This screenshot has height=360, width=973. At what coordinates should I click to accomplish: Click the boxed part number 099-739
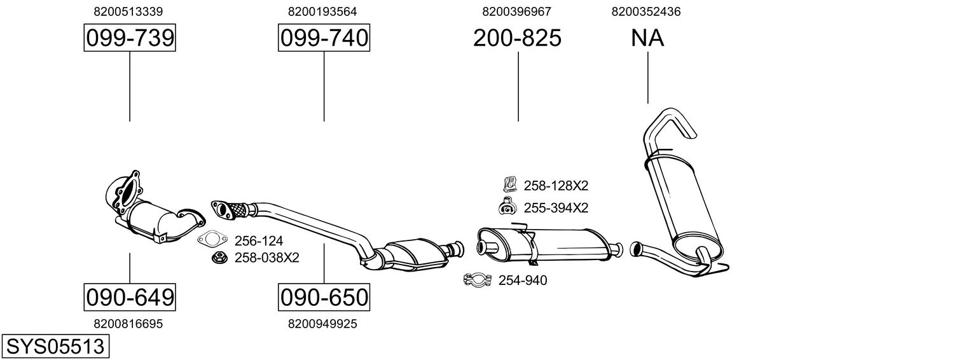(x=130, y=38)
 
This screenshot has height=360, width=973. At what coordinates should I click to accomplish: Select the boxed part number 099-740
(x=324, y=38)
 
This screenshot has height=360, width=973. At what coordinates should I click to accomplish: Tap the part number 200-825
(x=517, y=38)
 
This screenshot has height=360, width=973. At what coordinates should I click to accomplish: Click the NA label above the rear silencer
(x=647, y=38)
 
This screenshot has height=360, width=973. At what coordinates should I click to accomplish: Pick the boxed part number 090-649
(x=130, y=296)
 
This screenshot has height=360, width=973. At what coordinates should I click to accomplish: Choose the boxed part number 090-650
(x=324, y=296)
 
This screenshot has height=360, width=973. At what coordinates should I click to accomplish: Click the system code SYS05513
(x=55, y=346)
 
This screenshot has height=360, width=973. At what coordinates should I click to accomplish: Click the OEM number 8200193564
(x=322, y=11)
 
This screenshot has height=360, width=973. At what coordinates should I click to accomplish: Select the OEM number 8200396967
(x=517, y=11)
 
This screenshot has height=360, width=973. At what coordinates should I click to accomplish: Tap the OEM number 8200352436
(x=645, y=11)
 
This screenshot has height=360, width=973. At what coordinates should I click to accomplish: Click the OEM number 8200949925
(x=322, y=324)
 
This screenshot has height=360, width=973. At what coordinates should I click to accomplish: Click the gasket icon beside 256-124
(x=212, y=240)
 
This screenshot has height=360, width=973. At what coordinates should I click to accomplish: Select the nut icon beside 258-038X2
(x=219, y=258)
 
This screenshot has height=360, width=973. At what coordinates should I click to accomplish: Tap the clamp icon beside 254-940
(x=478, y=280)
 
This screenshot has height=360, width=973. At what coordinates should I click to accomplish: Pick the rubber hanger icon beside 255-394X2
(x=507, y=207)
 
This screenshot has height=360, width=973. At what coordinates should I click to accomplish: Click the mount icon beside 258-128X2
(x=509, y=185)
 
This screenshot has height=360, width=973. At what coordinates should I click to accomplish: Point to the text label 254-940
(x=523, y=280)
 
